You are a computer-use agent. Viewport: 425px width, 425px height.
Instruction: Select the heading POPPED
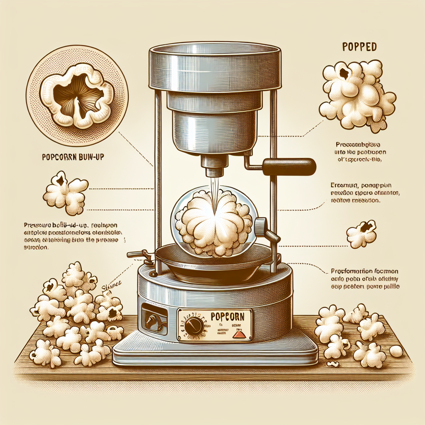tap(359, 46)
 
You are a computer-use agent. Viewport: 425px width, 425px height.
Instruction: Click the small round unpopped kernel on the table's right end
tap(396, 351)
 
